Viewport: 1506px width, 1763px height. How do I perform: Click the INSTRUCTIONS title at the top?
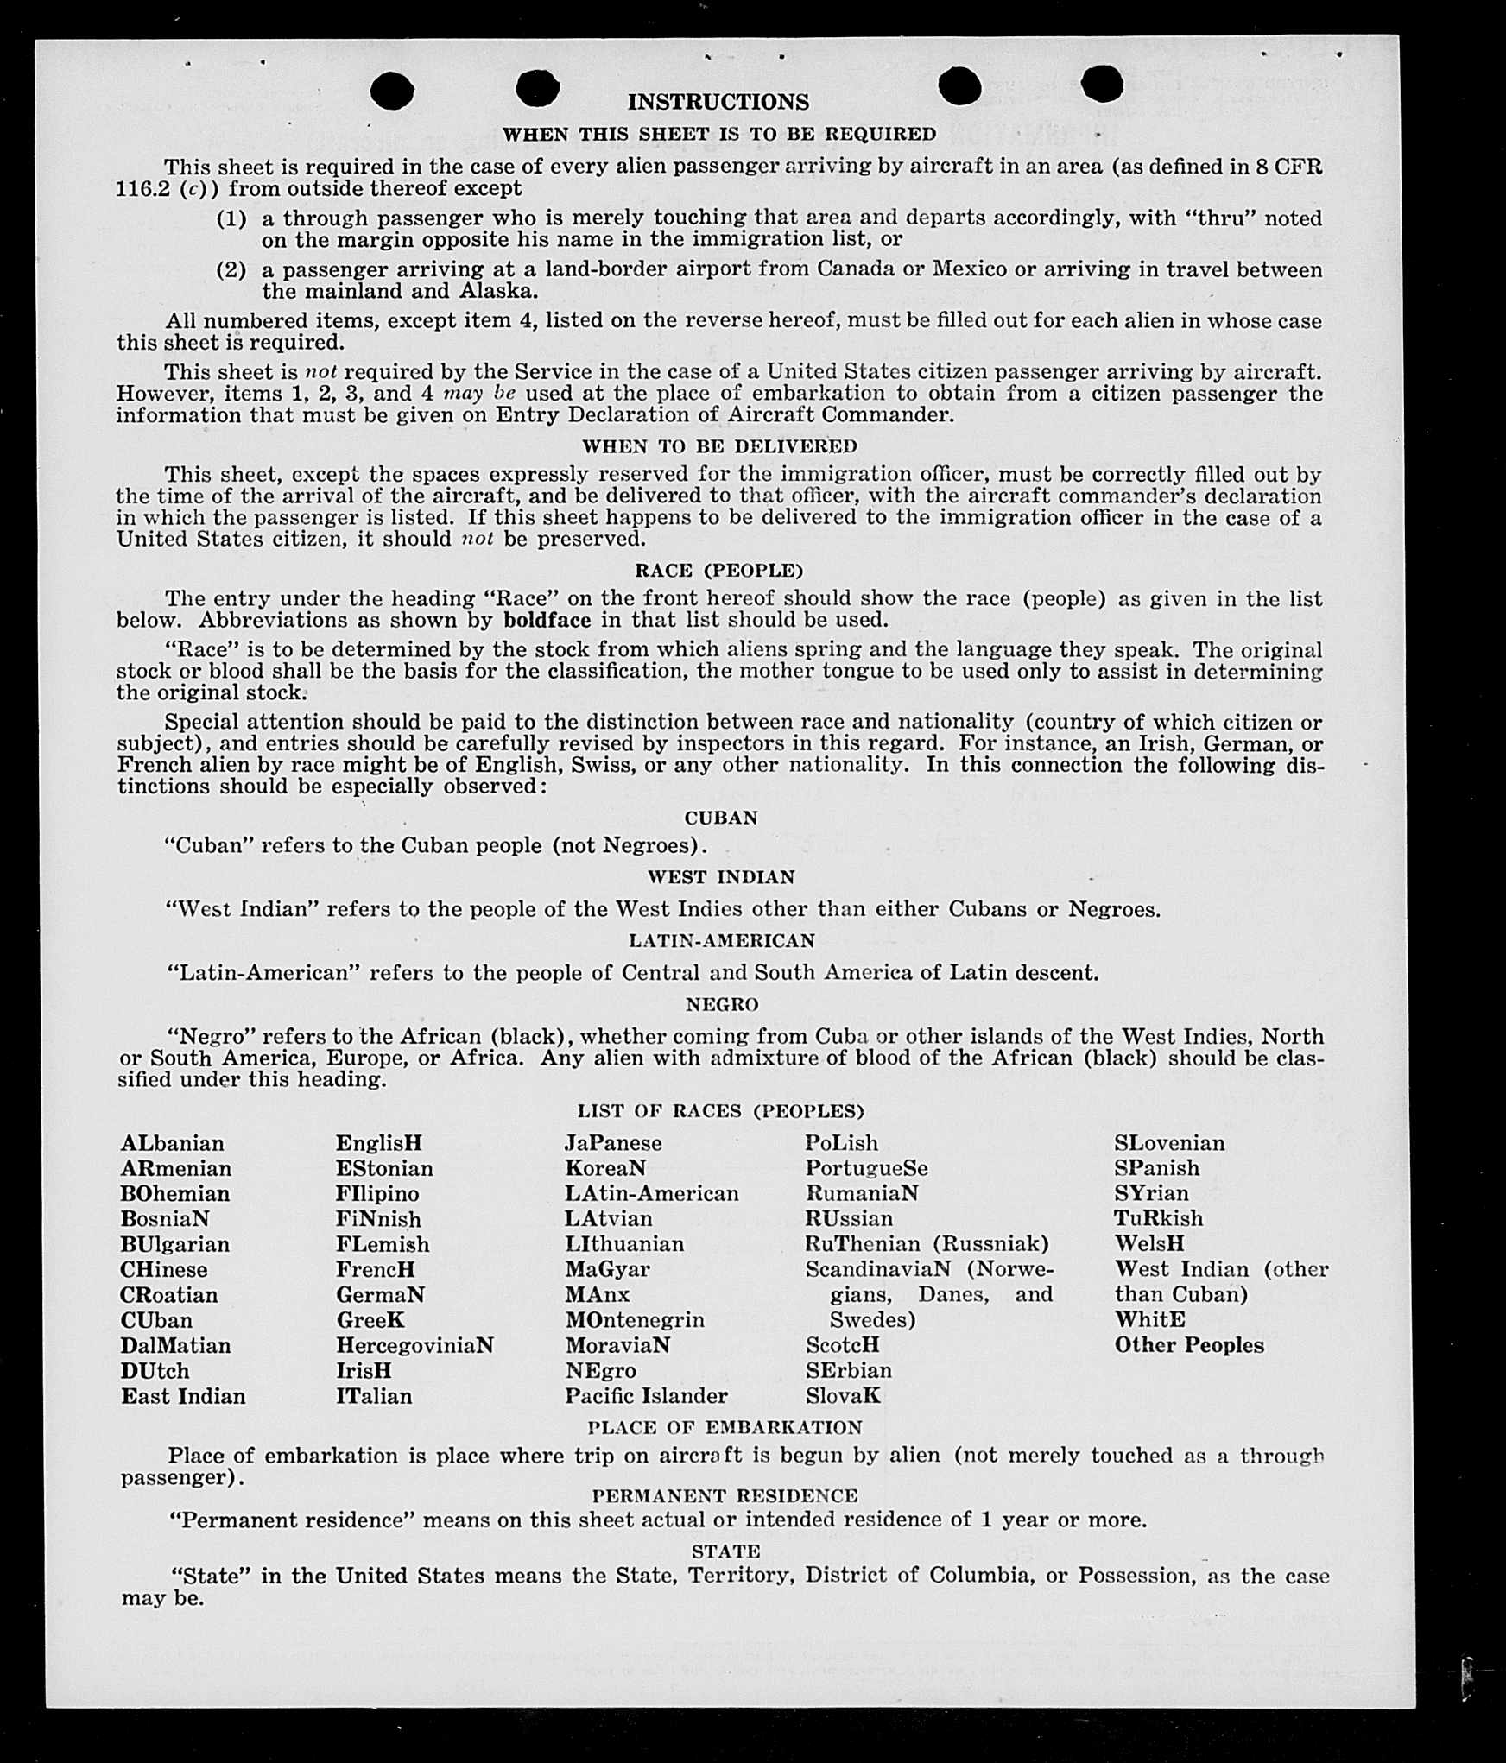[x=718, y=102]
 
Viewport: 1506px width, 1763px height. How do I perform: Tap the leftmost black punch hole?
[x=392, y=90]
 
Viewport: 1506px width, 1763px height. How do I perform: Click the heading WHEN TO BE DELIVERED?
[x=719, y=446]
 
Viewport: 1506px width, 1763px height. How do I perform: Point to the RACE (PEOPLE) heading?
[x=718, y=571]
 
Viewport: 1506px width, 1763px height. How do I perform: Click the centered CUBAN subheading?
[x=721, y=818]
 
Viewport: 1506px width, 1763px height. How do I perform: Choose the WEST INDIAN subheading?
[x=721, y=877]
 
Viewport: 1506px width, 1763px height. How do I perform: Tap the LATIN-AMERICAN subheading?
[x=721, y=941]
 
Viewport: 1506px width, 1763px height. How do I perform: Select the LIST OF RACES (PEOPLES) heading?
[x=720, y=1111]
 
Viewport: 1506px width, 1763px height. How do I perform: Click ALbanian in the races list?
[x=173, y=1143]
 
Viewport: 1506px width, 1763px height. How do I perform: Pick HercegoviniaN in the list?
[x=414, y=1345]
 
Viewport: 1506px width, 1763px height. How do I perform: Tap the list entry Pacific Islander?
[x=646, y=1396]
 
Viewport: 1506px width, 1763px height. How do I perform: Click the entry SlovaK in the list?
[x=843, y=1396]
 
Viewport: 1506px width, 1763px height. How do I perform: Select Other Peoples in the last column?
[x=1189, y=1345]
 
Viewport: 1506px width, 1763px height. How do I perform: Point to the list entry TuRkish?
[x=1158, y=1218]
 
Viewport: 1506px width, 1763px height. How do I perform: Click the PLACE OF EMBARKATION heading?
[x=725, y=1428]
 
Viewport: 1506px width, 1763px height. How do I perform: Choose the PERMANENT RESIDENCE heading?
[x=725, y=1496]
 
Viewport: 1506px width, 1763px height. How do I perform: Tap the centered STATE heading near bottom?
[x=725, y=1551]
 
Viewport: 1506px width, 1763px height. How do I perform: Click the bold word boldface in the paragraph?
[x=547, y=620]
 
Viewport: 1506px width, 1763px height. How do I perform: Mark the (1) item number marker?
[x=231, y=218]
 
